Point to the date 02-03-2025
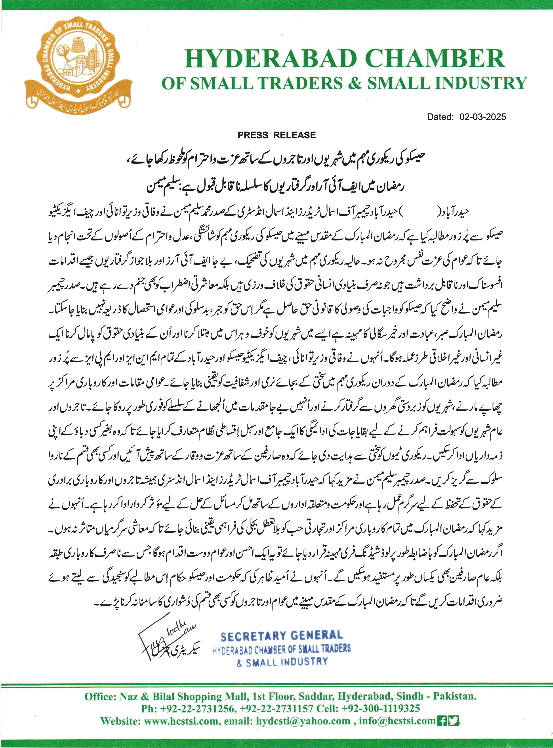click(x=483, y=117)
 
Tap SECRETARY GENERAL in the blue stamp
click(x=282, y=635)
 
